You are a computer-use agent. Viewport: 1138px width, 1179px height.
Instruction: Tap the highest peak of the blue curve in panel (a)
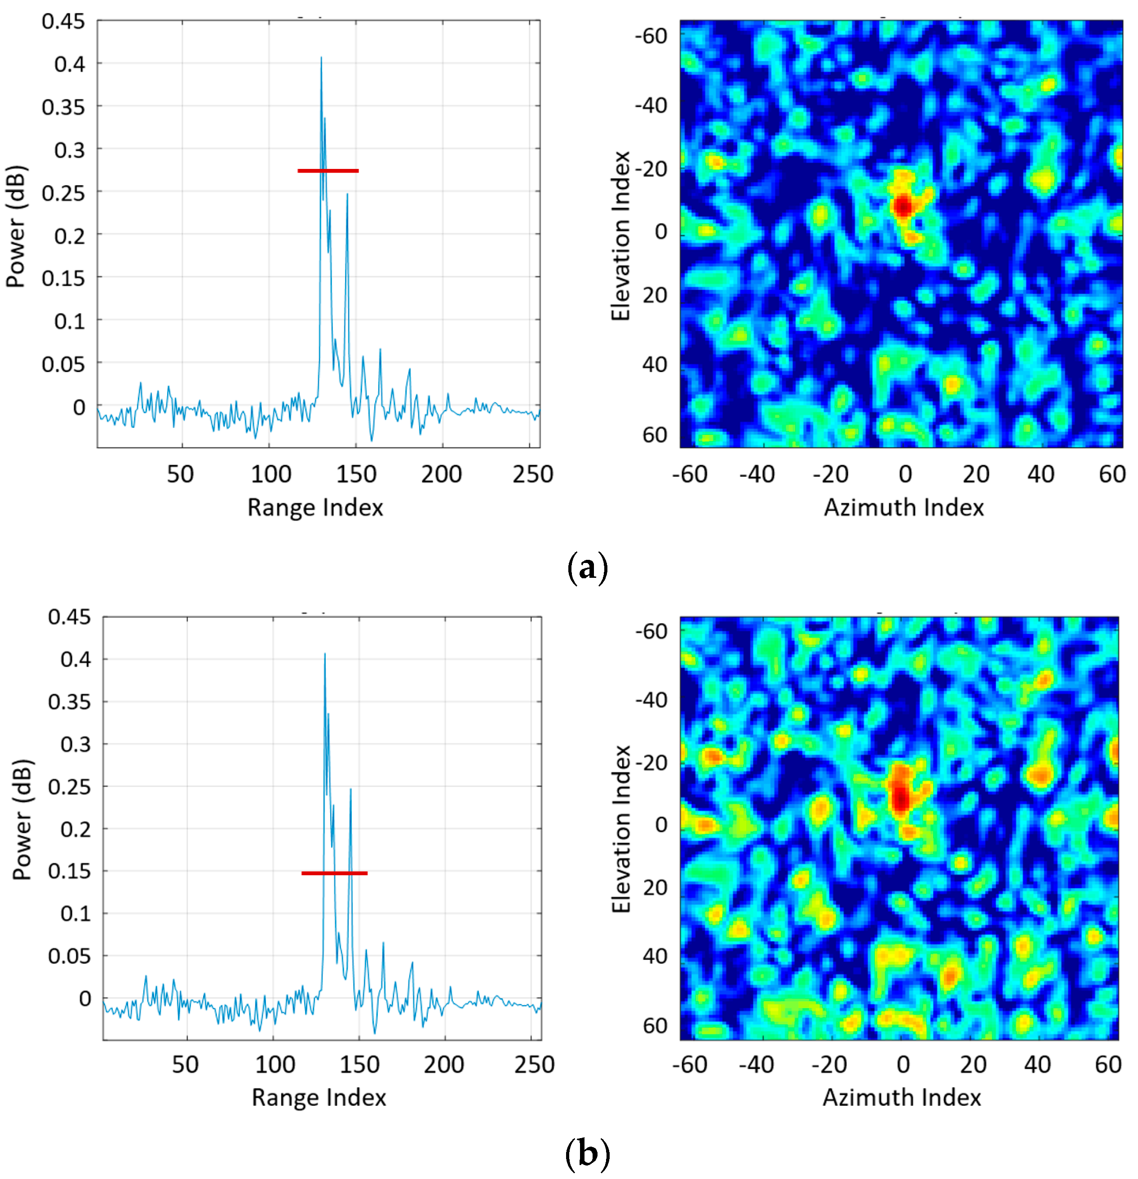(321, 58)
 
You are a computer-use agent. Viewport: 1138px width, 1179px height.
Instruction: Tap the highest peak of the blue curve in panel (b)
(325, 654)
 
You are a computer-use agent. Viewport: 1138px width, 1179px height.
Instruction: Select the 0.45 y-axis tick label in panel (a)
(63, 22)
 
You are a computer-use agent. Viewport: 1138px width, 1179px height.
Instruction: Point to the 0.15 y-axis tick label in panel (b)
(69, 871)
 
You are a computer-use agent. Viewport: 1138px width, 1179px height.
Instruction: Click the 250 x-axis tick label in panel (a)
(532, 474)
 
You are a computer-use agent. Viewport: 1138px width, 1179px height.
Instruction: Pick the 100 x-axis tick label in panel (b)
(275, 1065)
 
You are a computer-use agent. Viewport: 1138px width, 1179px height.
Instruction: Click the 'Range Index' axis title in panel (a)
(315, 508)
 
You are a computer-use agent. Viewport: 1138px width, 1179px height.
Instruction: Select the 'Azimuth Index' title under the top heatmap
(903, 508)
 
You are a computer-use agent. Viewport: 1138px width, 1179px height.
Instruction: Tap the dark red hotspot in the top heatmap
(903, 206)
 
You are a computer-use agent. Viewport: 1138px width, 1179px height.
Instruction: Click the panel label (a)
(587, 567)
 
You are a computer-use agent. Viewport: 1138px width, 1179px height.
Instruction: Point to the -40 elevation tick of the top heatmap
(651, 106)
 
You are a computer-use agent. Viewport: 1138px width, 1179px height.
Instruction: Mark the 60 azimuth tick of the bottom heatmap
(1108, 1065)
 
